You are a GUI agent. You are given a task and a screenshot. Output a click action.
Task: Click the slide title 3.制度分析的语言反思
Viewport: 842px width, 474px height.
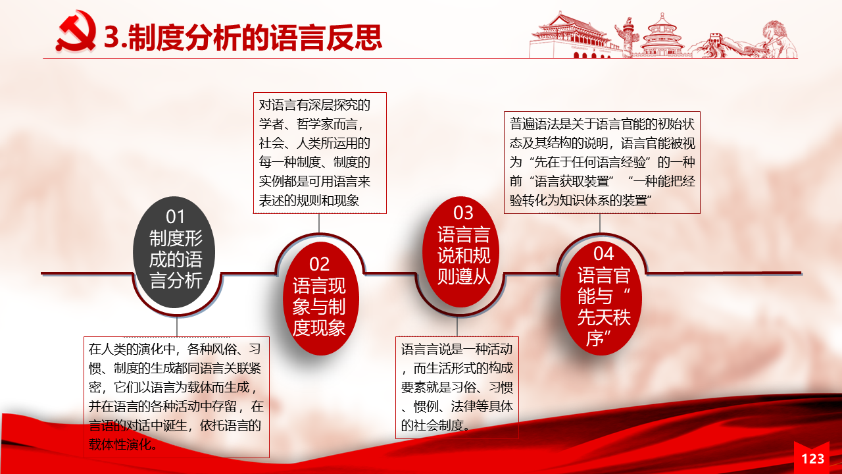243,38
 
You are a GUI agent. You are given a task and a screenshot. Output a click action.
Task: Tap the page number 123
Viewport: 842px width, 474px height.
812,459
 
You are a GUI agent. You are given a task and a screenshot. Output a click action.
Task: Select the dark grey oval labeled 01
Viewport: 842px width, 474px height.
174,252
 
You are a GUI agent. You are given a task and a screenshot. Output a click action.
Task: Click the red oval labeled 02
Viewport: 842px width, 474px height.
320,298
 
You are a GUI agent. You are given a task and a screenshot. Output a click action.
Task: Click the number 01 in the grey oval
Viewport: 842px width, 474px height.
175,217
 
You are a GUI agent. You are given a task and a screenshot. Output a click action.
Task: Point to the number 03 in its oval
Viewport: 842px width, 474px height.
463,213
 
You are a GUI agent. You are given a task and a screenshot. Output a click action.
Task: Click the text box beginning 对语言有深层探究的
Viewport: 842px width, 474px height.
320,153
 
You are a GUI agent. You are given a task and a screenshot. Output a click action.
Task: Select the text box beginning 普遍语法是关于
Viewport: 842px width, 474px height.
602,163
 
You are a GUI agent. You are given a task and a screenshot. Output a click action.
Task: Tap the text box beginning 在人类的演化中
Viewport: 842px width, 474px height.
177,397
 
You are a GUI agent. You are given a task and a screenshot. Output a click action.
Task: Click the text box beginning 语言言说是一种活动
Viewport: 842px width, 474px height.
457,388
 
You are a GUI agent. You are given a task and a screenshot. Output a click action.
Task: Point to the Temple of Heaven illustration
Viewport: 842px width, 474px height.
662,36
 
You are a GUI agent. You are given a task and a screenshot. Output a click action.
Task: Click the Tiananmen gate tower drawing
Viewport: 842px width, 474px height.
572,36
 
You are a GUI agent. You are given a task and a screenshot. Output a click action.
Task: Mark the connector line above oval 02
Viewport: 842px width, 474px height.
319,223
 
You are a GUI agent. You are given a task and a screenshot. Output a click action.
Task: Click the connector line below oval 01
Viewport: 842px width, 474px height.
177,326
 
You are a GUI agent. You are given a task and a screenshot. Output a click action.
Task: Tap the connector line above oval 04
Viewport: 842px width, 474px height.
599,223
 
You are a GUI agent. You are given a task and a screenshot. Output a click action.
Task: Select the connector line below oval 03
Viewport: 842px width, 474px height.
457,326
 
